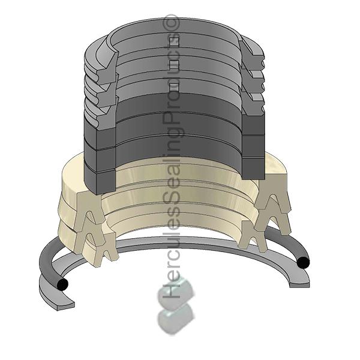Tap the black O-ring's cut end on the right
[304, 262]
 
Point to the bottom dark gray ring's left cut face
[98, 177]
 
